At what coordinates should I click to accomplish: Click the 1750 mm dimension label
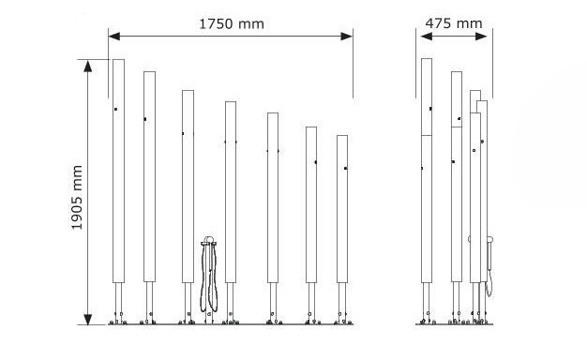coord(232,24)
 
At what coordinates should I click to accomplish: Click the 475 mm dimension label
coord(454,23)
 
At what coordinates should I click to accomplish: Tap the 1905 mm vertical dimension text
coord(77,197)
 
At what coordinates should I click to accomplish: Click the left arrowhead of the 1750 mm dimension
coord(114,37)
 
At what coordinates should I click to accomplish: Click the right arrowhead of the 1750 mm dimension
coord(347,37)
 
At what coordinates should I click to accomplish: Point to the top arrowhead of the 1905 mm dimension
coord(87,66)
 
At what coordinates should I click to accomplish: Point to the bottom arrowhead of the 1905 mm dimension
coord(87,319)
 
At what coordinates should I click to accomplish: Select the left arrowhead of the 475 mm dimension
coord(426,37)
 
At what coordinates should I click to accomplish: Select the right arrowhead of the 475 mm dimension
coord(481,37)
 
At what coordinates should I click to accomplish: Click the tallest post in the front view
coord(119,171)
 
